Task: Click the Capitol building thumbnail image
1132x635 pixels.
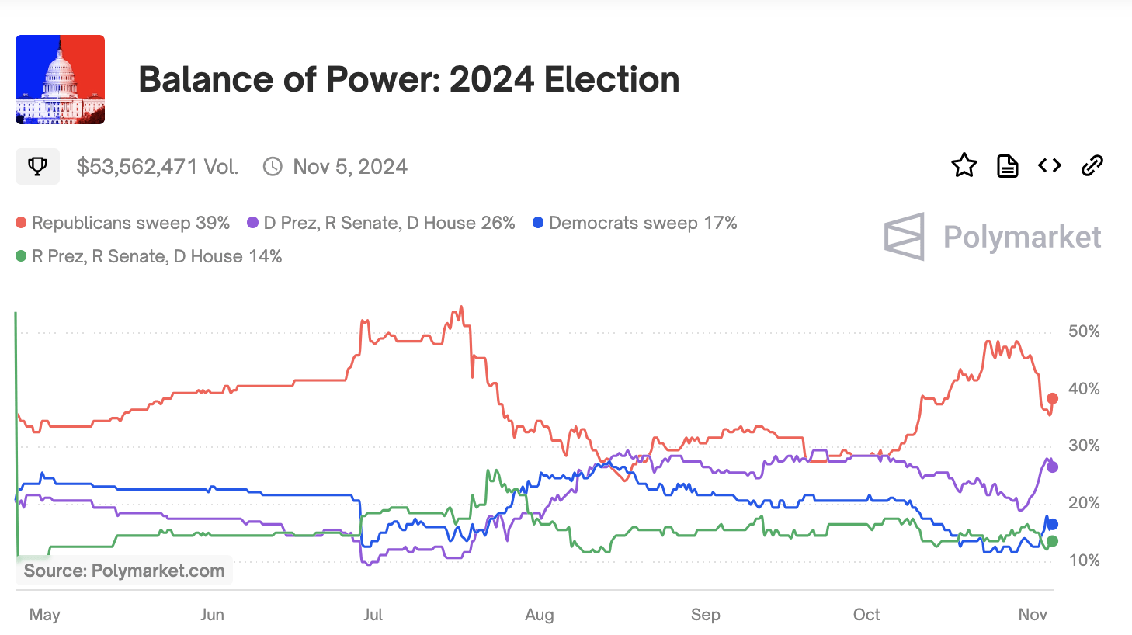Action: (x=60, y=79)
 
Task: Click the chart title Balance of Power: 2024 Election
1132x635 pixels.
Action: (x=408, y=79)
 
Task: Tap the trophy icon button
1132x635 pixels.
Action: (x=37, y=166)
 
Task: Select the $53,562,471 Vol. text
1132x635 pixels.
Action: (x=157, y=167)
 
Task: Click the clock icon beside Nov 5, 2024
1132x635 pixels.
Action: (x=273, y=167)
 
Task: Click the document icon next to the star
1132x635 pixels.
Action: (x=1007, y=165)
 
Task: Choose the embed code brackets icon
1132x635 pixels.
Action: (x=1050, y=165)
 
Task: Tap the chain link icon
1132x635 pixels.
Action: (x=1092, y=165)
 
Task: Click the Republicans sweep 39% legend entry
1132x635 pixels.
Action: (x=123, y=223)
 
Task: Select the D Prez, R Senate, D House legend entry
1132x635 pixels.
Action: (x=381, y=223)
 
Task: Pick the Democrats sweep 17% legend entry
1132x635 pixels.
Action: (x=635, y=223)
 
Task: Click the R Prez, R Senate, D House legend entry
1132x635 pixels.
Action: (x=149, y=256)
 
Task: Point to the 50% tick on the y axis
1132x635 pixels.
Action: (x=1084, y=331)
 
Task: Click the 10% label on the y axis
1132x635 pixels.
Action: (x=1084, y=560)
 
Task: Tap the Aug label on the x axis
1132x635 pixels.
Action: (x=540, y=615)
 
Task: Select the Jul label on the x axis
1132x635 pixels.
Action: (x=373, y=615)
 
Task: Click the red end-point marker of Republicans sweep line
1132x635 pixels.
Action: (x=1052, y=398)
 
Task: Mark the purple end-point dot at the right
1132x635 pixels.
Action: (x=1052, y=467)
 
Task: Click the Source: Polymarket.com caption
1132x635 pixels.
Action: (x=124, y=571)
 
